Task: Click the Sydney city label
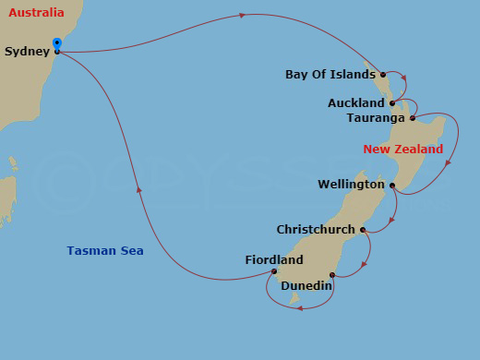click(26, 52)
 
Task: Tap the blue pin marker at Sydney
click(57, 43)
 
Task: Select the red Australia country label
click(36, 13)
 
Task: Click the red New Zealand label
click(402, 149)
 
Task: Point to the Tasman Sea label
click(105, 250)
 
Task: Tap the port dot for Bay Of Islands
click(382, 74)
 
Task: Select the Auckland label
click(356, 102)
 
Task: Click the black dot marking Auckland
click(392, 102)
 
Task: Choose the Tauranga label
click(377, 118)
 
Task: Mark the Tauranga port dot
click(413, 118)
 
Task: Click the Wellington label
click(351, 185)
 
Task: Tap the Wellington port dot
click(392, 186)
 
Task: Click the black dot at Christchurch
click(363, 230)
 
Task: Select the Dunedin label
click(306, 286)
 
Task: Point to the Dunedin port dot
click(331, 274)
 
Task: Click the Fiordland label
click(274, 259)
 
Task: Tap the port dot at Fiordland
click(274, 271)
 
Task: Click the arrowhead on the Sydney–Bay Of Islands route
click(242, 15)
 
